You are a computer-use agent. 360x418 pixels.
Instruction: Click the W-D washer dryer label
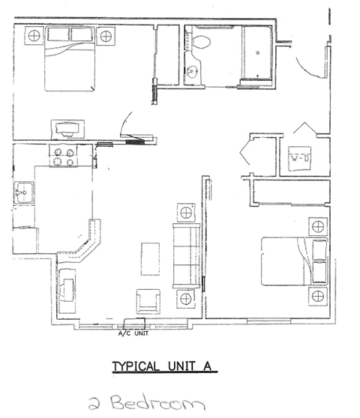pos(299,159)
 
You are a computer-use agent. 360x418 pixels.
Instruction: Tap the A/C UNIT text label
pos(133,333)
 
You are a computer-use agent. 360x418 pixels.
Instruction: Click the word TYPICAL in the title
pos(136,366)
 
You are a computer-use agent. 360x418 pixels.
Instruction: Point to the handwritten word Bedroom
pos(158,402)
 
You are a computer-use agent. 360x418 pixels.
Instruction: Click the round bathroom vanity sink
pos(191,71)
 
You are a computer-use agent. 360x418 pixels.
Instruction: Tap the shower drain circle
pos(257,52)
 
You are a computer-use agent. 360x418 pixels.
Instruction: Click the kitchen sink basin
pos(24,193)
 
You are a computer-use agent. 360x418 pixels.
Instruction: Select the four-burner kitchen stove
pos(64,157)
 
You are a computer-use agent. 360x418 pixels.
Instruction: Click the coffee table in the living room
pos(150,259)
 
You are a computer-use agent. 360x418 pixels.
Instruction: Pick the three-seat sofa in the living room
pos(186,256)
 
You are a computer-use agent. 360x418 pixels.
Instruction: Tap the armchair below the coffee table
pos(148,301)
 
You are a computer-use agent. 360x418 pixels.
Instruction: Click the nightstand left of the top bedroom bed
pos(34,36)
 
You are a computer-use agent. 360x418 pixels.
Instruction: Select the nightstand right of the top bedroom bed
pos(106,36)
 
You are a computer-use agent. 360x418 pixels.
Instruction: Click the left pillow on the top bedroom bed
pos(58,34)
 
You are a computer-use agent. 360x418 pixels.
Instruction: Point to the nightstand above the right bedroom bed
pos(318,226)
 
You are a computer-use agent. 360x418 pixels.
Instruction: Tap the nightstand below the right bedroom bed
pos(318,296)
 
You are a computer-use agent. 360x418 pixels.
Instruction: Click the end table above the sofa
pos(186,213)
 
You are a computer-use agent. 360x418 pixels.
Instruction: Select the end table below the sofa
pos(186,299)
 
